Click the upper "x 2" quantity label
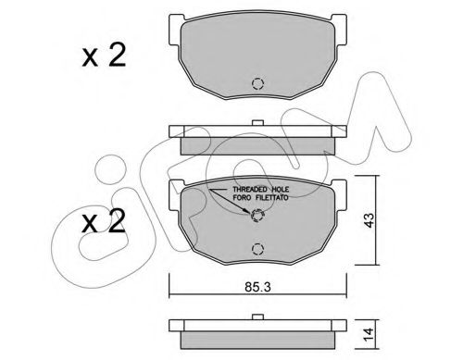tap(104, 55)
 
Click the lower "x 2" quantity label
tap(104, 221)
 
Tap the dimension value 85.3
tap(257, 287)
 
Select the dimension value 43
tap(369, 220)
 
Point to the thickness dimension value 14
tap(369, 334)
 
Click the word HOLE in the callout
tap(281, 189)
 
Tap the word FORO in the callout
tap(241, 198)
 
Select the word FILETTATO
tap(271, 198)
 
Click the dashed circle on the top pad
tap(257, 83)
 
